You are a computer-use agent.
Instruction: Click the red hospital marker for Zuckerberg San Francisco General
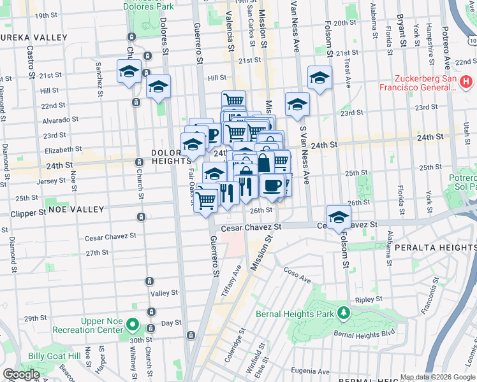466,81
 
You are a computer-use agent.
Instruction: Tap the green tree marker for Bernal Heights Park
344,313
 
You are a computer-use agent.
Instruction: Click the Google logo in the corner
21,374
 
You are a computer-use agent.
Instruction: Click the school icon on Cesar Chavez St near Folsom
339,216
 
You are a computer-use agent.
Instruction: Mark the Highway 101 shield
471,41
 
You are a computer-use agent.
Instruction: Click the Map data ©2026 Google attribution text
437,377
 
